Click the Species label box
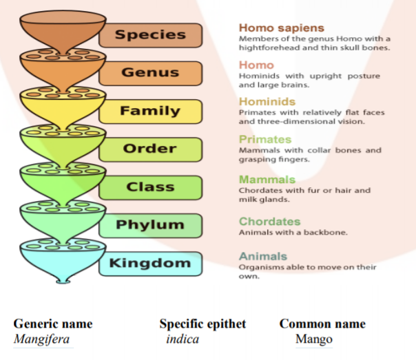(x=150, y=35)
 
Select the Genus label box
(x=150, y=73)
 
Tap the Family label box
(x=150, y=111)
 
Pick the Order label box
(x=150, y=149)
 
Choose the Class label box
(x=150, y=187)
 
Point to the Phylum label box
(x=150, y=225)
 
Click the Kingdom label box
(x=150, y=263)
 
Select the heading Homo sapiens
(x=281, y=28)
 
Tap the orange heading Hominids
(x=267, y=102)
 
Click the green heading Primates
(x=265, y=140)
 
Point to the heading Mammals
(x=267, y=180)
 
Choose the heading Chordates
(x=269, y=222)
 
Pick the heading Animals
(x=262, y=256)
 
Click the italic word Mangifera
(x=41, y=339)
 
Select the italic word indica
(x=183, y=339)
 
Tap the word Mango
(x=314, y=339)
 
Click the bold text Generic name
(x=53, y=324)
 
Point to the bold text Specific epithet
(x=202, y=324)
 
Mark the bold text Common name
(x=322, y=324)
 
